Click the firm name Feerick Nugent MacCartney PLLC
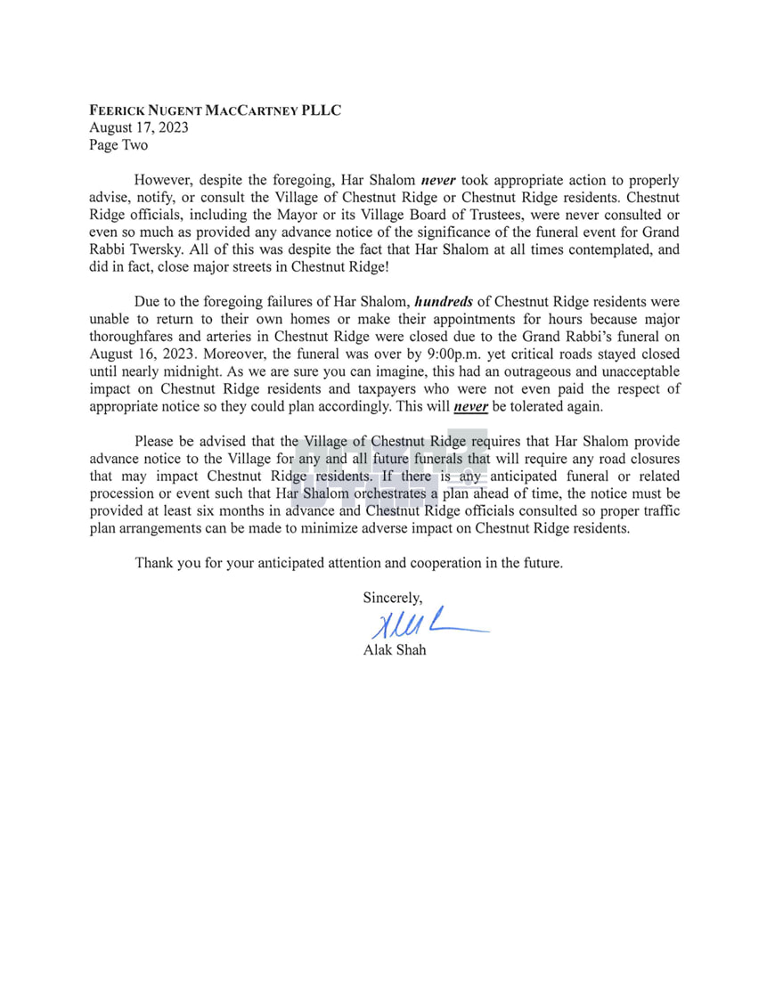[x=215, y=110]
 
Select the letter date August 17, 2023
[x=138, y=127]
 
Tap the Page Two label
[x=118, y=144]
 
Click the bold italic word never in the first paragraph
[x=438, y=179]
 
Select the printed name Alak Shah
[x=395, y=649]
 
